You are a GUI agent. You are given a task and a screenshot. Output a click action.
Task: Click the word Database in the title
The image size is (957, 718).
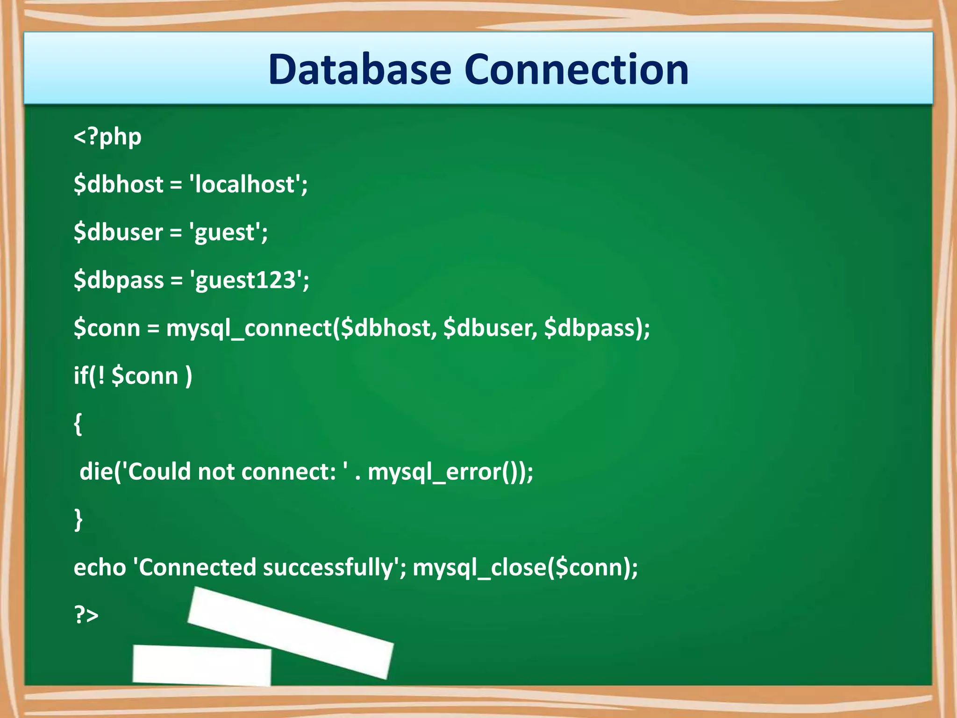pyautogui.click(x=360, y=70)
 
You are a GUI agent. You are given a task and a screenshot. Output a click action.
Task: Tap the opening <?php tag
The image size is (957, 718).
pyautogui.click(x=107, y=137)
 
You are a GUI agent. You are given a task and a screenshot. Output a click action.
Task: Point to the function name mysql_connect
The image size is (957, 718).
pyautogui.click(x=249, y=328)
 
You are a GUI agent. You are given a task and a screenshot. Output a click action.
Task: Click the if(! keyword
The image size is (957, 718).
pyautogui.click(x=89, y=376)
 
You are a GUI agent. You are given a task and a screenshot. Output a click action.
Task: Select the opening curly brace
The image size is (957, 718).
pyautogui.click(x=78, y=424)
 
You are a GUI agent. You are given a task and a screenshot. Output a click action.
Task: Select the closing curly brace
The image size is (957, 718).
pyautogui.click(x=78, y=520)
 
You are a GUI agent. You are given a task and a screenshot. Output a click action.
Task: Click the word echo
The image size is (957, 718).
pyautogui.click(x=100, y=567)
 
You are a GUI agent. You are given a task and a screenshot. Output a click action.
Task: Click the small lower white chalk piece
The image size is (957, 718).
pyautogui.click(x=202, y=665)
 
